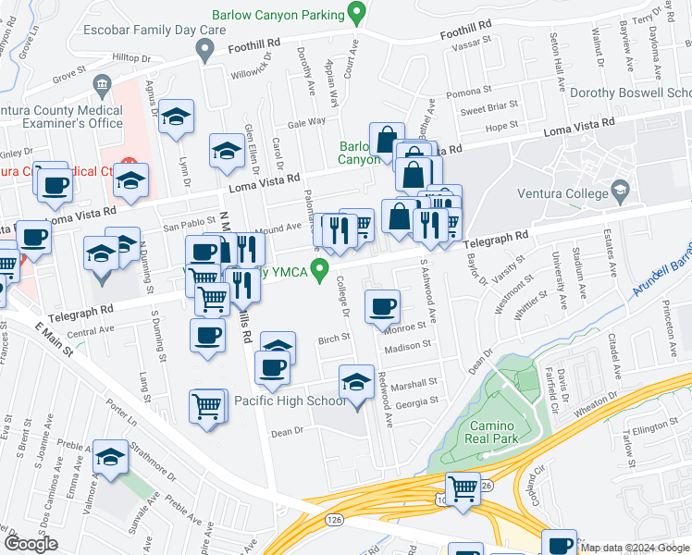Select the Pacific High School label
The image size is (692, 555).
(x=290, y=401)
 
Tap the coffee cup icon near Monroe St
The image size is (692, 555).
(x=382, y=306)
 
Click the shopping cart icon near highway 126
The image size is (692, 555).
(x=463, y=487)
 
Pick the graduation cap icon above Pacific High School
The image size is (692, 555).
(x=357, y=381)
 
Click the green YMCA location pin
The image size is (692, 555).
(x=321, y=271)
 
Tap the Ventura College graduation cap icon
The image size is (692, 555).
(x=621, y=192)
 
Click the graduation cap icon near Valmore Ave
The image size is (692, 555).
(x=111, y=457)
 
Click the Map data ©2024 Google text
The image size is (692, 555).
(x=635, y=548)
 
